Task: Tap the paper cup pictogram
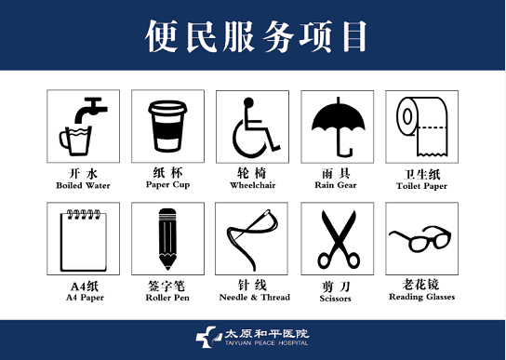point(167,127)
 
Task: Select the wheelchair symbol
point(255,127)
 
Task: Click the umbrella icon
point(338,126)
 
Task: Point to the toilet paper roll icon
point(422,127)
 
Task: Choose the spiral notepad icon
point(84,241)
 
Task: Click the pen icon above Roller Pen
point(167,239)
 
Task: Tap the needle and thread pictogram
point(252,240)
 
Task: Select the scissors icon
point(339,240)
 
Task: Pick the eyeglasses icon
point(420,239)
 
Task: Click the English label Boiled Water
point(83,186)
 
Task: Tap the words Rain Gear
point(336,185)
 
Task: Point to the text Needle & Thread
point(254,297)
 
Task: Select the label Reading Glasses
point(421,297)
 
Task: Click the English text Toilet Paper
point(421,186)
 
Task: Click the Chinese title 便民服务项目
point(256,36)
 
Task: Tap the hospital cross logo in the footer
point(206,337)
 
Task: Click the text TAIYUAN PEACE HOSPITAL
point(267,343)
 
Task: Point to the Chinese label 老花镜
point(420,285)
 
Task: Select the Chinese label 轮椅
point(252,173)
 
